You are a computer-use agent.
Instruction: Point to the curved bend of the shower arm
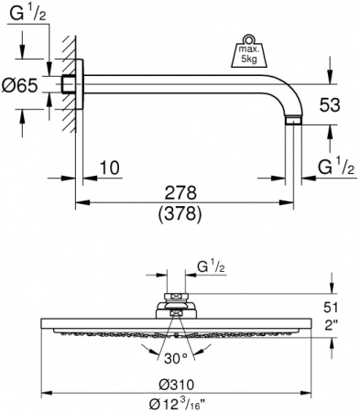coord(288,95)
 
